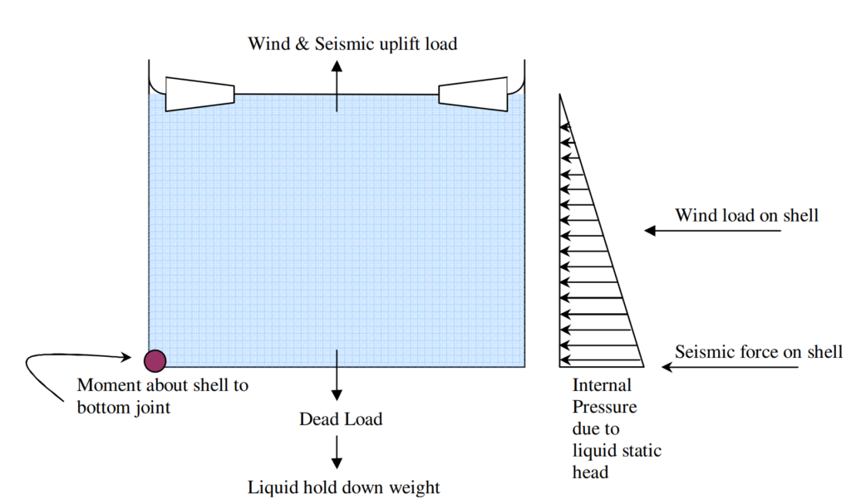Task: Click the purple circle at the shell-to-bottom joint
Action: pos(155,360)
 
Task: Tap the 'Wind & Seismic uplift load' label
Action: pos(352,43)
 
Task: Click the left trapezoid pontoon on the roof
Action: pos(199,94)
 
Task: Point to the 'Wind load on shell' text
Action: pos(746,215)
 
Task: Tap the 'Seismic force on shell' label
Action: pos(758,351)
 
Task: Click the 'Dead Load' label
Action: pos(341,419)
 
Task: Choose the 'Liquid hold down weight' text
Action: pos(344,487)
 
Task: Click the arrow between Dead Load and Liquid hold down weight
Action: pos(337,451)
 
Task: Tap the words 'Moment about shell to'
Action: pos(162,385)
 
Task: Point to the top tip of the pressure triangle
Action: pos(561,96)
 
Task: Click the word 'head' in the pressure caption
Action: pos(590,472)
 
